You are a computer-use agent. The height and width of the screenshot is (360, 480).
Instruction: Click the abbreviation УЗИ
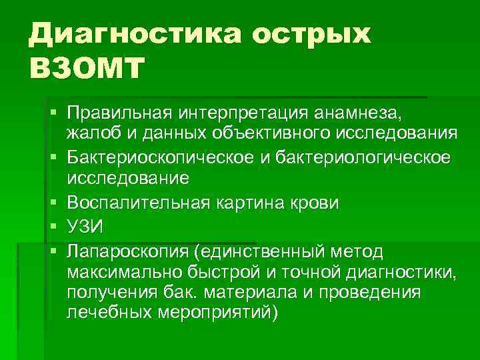85,226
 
